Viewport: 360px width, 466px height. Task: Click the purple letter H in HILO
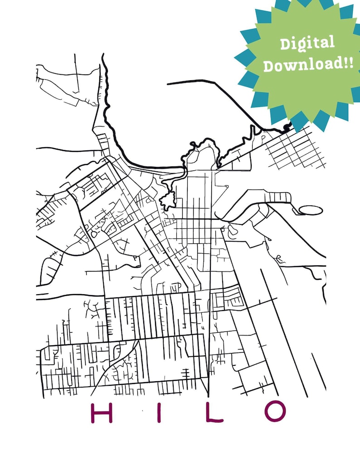(102, 412)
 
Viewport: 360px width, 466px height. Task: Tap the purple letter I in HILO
(159, 412)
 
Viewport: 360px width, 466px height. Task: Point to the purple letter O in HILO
(275, 412)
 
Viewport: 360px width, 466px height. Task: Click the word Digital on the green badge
(307, 44)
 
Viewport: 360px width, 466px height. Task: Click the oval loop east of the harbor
(311, 210)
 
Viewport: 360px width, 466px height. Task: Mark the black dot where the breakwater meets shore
(286, 128)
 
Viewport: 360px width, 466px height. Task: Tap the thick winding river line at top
(108, 109)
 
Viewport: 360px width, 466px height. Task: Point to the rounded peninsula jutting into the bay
(203, 152)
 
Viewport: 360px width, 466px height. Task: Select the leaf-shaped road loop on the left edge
(51, 267)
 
